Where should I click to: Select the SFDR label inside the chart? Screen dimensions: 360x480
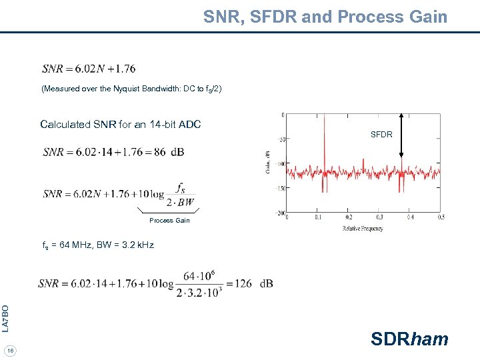(381, 135)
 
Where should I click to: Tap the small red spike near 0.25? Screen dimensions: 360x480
(363, 163)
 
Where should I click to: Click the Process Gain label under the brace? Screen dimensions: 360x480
(169, 221)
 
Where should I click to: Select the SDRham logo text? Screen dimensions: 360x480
(409, 339)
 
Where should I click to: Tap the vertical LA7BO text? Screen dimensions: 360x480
(5, 318)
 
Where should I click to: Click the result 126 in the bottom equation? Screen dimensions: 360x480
(243, 283)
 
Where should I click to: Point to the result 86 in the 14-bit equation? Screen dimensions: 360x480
(160, 152)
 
